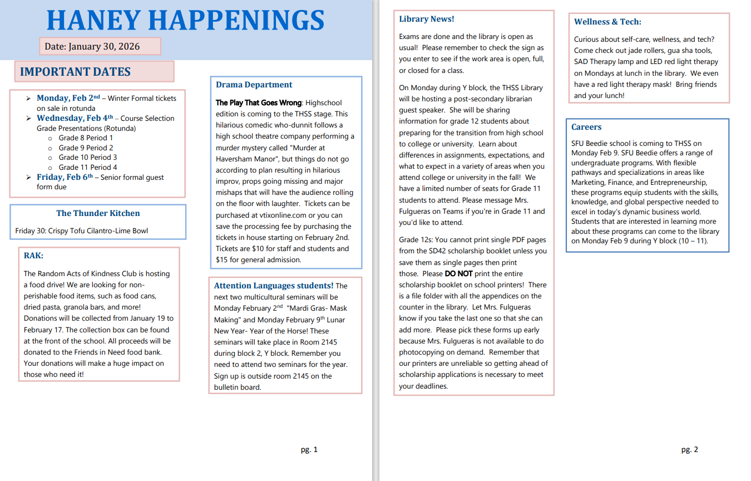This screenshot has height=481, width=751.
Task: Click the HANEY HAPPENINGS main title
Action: [185, 21]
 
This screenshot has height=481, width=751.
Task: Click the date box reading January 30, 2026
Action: [100, 46]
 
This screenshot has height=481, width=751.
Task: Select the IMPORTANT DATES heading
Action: [75, 72]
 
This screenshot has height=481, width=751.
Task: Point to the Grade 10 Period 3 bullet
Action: [88, 157]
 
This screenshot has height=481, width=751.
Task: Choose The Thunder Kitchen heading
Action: [98, 213]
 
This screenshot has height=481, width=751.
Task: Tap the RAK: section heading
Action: [33, 256]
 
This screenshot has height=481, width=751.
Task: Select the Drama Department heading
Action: [254, 85]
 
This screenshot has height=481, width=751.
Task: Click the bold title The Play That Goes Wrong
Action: [259, 102]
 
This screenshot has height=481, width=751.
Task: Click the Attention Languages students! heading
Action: [274, 286]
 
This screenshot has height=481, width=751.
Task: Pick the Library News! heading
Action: [426, 19]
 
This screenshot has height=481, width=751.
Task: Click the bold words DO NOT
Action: [458, 273]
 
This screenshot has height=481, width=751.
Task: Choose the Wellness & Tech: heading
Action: [607, 22]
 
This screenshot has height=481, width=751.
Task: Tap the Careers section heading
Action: [586, 127]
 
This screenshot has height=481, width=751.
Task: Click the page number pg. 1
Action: [309, 449]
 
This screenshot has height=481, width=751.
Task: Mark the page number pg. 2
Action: [689, 449]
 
